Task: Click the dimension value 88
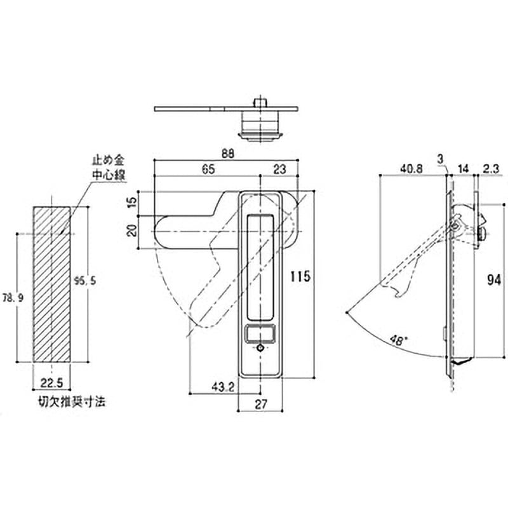pos(228,154)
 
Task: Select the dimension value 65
pos(208,169)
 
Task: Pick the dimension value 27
pos(260,401)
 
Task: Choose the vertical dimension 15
pos(132,204)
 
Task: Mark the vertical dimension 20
pos(132,230)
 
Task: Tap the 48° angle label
pos(398,340)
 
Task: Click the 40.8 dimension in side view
pos(412,169)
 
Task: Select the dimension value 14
pos(462,169)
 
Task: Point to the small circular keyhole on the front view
pos(262,349)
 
